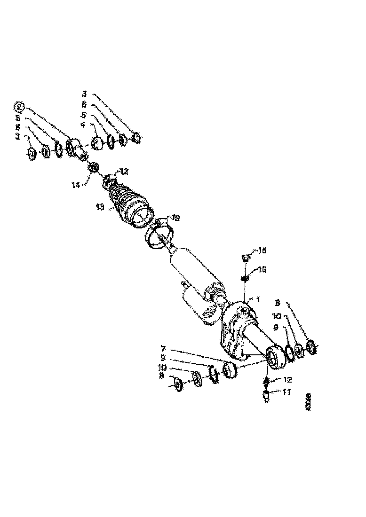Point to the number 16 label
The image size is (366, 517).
[262, 270]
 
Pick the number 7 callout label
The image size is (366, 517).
[163, 348]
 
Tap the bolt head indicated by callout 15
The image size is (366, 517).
[245, 258]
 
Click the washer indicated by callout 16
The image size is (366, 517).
[245, 279]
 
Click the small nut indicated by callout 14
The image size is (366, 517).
[93, 167]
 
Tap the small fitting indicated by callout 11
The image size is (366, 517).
[267, 397]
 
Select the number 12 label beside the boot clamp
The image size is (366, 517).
[123, 172]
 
